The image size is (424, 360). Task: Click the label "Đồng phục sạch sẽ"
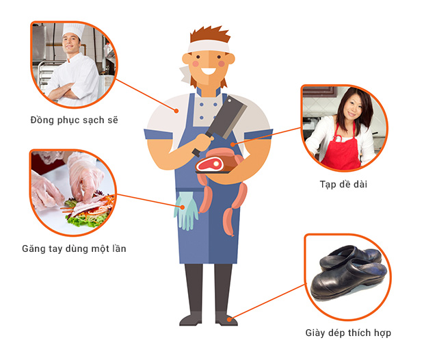pos(74,120)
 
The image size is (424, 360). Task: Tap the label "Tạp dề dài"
pos(343,184)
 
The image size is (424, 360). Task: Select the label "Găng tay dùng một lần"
pos(74,248)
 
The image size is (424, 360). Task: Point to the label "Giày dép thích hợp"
pos(348,333)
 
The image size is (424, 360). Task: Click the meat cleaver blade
pos(228,116)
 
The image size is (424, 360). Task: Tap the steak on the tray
pos(210,164)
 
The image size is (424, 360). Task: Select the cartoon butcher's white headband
pos(208,47)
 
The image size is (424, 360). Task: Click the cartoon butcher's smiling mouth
pos(209,71)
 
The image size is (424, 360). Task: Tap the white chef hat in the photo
pos(73,30)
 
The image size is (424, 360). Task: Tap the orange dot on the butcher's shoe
pos(229,320)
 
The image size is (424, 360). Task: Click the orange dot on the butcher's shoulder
pos(176,111)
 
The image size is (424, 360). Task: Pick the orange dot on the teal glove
pos(183,207)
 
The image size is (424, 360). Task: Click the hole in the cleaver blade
pos(230,101)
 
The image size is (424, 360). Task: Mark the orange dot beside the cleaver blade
pos(233,144)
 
